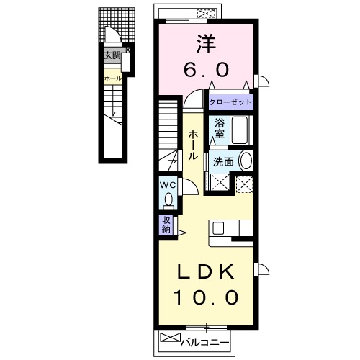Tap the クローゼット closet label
230,102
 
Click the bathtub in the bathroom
239,130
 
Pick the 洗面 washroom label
222,162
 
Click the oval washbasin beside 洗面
246,161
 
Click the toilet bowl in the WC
168,199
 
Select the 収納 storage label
166,225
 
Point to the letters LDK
204,273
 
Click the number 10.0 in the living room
204,297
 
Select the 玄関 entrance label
112,55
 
